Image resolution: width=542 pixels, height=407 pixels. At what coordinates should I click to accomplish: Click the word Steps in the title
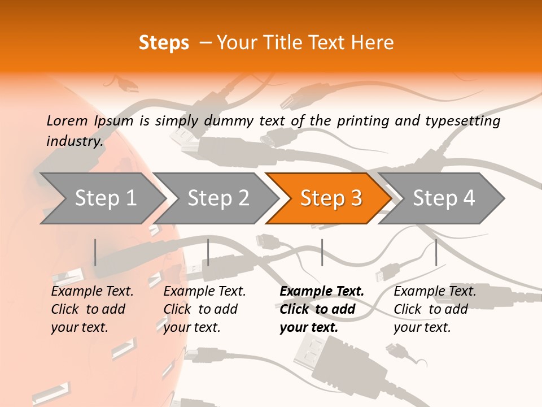pos(164,43)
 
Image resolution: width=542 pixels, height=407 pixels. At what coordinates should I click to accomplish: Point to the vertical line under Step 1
pos(95,252)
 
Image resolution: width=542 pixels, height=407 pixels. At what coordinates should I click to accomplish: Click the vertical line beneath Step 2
pos(208,252)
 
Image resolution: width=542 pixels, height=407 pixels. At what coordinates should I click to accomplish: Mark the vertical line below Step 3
pos(322,252)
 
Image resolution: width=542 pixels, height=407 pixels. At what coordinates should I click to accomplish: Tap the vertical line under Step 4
pos(436,252)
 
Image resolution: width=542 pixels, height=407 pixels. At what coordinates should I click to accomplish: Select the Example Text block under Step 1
pos(92,309)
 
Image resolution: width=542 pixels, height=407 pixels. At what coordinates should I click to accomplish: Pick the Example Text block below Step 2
pos(204,309)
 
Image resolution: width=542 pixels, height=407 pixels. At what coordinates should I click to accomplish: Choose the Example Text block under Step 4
pos(435,309)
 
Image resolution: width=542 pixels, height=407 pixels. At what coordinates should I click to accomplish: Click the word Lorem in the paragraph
pos(67,120)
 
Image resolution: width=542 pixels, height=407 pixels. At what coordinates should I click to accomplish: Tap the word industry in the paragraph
pos(74,141)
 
